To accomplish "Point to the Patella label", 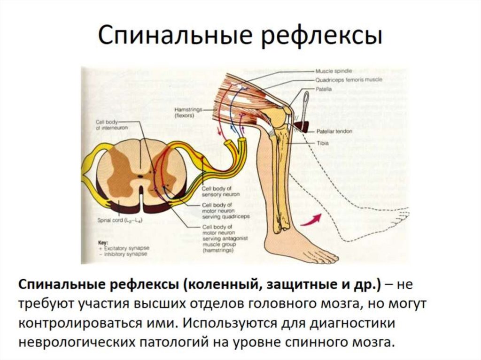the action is tap(324, 88).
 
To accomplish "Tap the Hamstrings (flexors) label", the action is tap(182, 112).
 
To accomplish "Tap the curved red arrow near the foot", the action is tap(310, 220).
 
